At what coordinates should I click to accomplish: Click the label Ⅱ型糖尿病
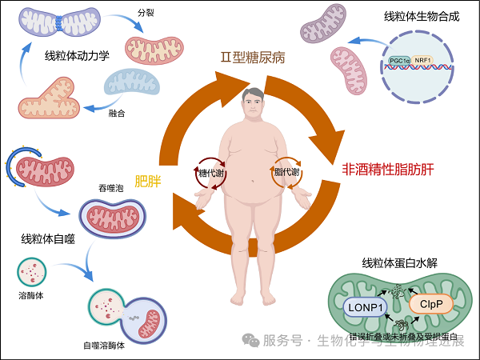point(254,58)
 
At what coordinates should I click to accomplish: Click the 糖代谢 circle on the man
point(211,172)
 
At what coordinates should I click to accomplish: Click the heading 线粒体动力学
point(78,57)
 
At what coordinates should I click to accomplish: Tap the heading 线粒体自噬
point(49,238)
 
